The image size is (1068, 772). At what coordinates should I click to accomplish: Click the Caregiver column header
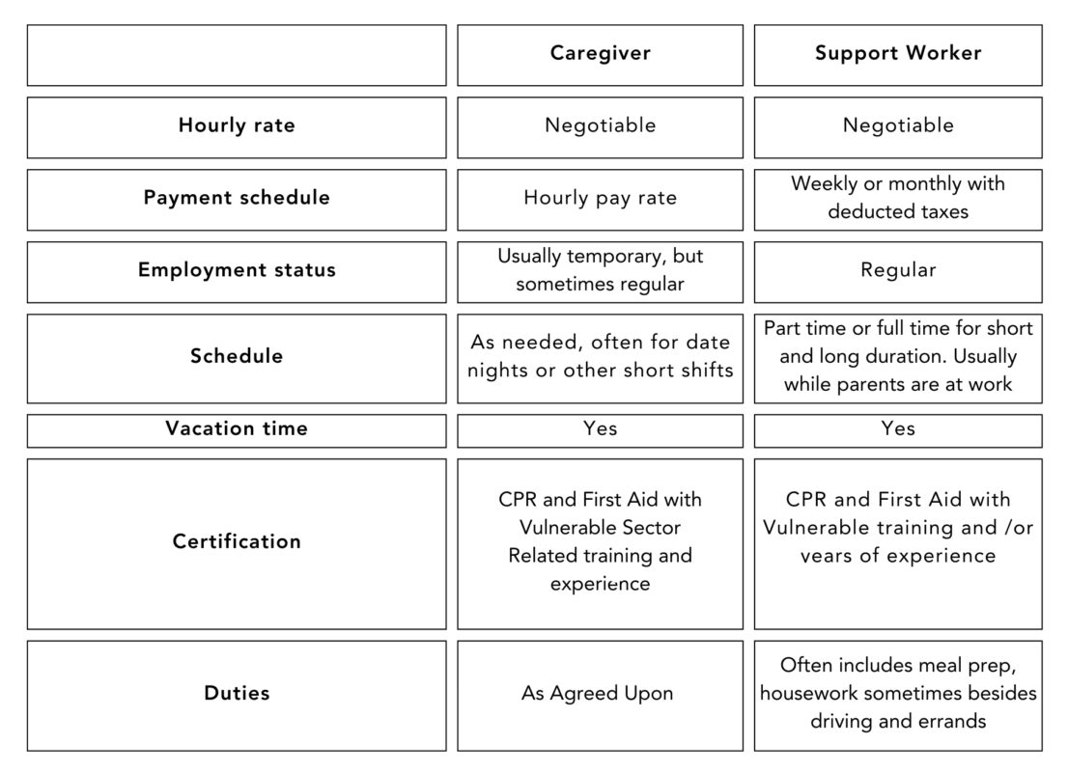coord(600,53)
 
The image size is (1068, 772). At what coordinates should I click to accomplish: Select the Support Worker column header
coord(898,53)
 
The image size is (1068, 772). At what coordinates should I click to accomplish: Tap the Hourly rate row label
coord(237,125)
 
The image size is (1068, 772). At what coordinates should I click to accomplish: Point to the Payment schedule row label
coord(237,198)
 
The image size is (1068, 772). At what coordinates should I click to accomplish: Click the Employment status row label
coord(237,269)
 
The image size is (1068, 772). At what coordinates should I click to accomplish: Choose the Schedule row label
coord(237,355)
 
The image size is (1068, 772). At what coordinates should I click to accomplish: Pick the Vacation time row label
coord(237,428)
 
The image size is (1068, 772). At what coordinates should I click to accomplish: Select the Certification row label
coord(237,541)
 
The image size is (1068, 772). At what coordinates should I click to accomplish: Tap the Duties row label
coord(237,693)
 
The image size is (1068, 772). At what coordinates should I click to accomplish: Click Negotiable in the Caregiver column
coord(600,125)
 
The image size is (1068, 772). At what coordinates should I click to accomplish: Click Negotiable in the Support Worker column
coord(898,125)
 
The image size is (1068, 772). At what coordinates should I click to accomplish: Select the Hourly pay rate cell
coord(600,198)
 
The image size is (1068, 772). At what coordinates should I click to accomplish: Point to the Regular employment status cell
coord(898,270)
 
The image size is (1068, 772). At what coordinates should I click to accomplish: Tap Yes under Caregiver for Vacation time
coord(600,428)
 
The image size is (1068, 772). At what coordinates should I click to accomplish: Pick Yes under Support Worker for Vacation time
coord(898,428)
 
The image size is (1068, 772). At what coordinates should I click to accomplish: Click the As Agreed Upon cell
coord(598,694)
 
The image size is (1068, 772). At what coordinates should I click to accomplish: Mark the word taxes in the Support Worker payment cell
coord(944,211)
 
